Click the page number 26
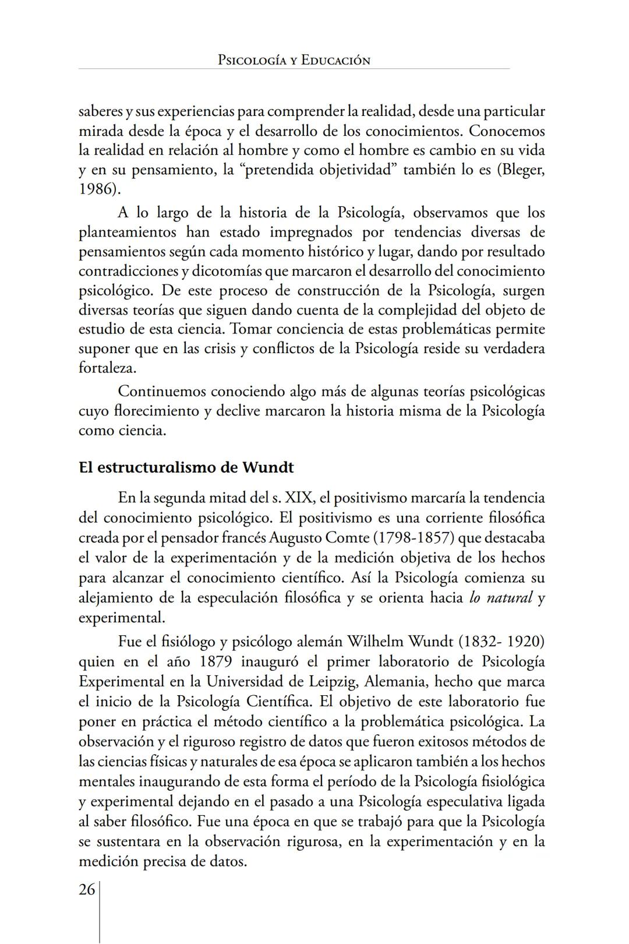click(x=87, y=890)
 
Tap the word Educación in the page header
click(x=335, y=60)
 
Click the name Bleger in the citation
click(x=520, y=170)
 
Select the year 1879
click(x=217, y=662)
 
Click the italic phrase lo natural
click(x=501, y=597)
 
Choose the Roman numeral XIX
click(x=299, y=498)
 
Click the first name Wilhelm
click(x=375, y=642)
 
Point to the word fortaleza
click(x=107, y=368)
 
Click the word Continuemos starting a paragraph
click(x=162, y=391)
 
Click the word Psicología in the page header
click(x=251, y=60)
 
